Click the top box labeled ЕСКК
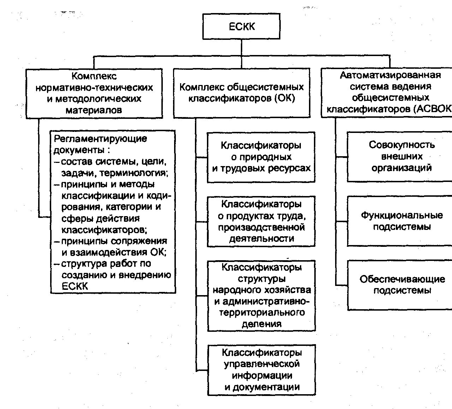click(241, 26)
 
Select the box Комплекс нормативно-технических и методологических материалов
click(94, 93)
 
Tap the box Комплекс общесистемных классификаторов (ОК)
click(242, 93)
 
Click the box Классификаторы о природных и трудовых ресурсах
click(261, 157)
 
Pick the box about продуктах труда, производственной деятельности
click(261, 221)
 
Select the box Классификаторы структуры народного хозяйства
click(261, 295)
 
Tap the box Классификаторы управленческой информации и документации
click(261, 370)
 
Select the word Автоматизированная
click(390, 75)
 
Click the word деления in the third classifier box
click(261, 324)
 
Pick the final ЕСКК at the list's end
click(75, 286)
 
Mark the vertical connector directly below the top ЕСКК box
click(242, 47)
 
